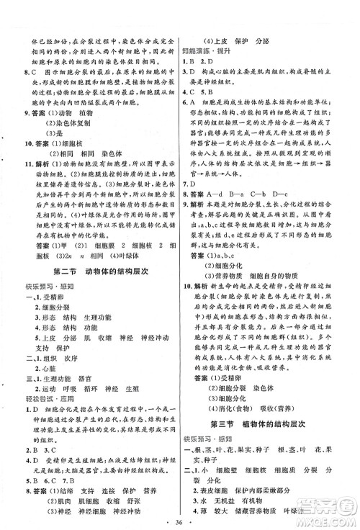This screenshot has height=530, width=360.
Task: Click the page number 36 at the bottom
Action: (x=179, y=518)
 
